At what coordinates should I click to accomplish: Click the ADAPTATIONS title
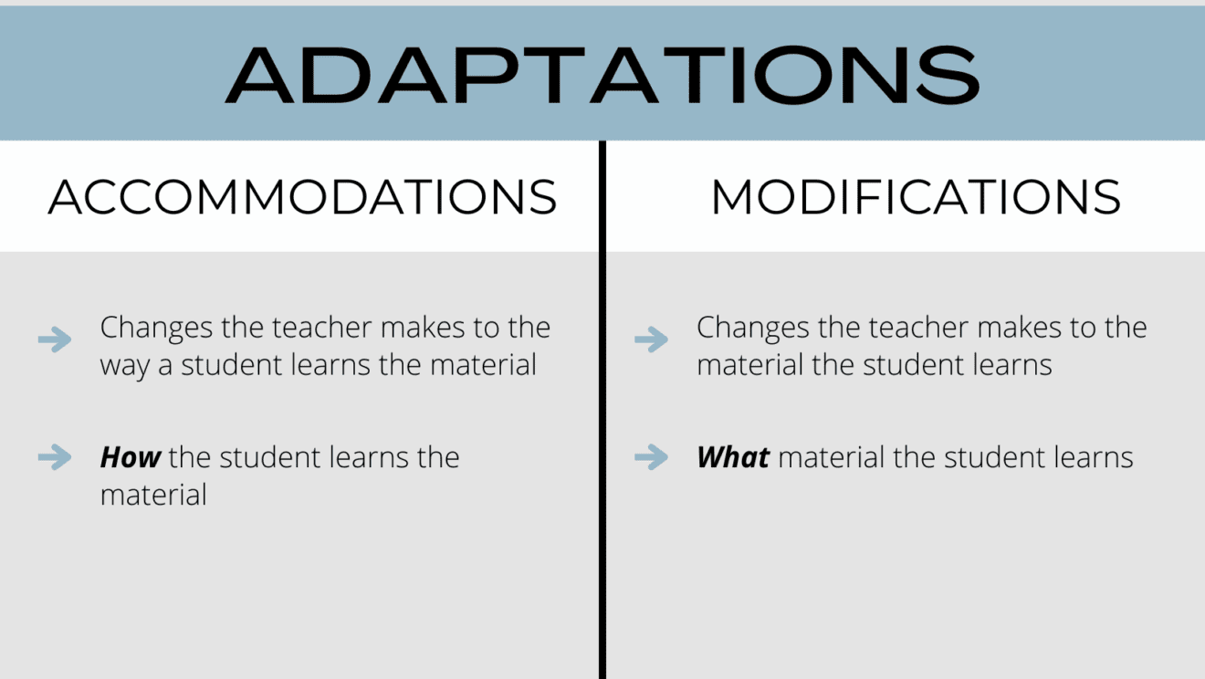[602, 73]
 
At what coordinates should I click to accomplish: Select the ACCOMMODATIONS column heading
[302, 197]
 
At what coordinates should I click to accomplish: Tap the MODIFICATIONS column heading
[916, 197]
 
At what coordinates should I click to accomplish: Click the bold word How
[131, 457]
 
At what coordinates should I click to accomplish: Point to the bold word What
[733, 457]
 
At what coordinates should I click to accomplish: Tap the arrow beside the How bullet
[55, 456]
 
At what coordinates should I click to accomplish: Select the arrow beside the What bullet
[651, 456]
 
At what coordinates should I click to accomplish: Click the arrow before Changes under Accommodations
[55, 340]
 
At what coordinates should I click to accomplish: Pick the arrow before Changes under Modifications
[651, 340]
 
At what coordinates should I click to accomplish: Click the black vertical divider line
[602, 411]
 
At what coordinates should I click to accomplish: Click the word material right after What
[832, 457]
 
